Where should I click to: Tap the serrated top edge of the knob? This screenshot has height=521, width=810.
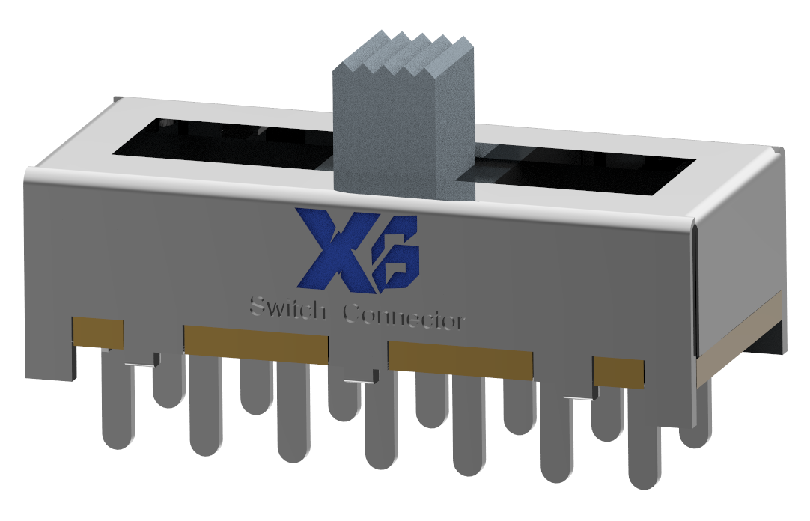(404, 52)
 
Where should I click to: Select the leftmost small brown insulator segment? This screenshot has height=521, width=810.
(98, 332)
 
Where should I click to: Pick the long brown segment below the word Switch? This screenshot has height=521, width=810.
(255, 344)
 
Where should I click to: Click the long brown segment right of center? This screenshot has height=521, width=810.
(460, 357)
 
